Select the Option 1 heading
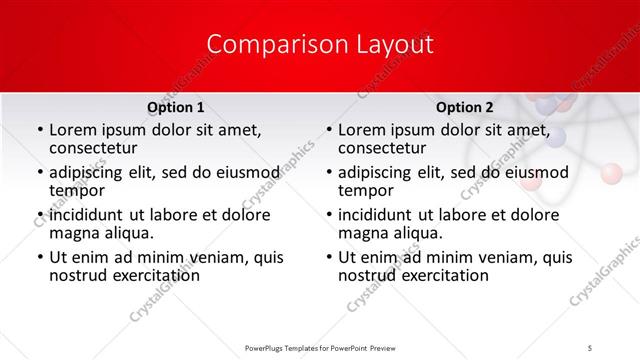tap(176, 108)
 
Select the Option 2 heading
tap(465, 108)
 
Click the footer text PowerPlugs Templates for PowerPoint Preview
tap(320, 347)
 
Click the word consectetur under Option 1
tap(98, 149)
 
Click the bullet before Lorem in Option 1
tap(39, 131)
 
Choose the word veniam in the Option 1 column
tap(221, 257)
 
